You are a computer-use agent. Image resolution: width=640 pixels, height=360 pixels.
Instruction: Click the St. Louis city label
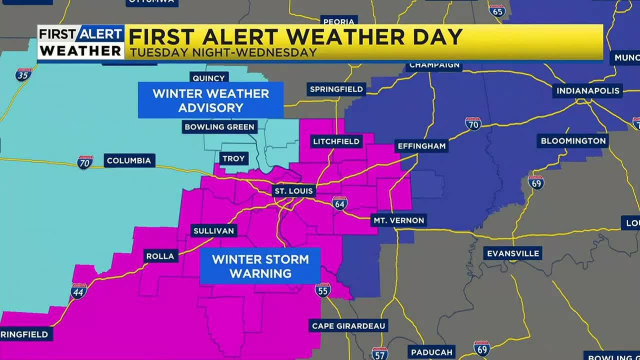point(293,190)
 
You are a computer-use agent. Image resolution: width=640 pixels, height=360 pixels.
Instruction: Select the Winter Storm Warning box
point(260,266)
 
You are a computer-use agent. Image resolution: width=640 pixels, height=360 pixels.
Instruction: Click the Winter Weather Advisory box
point(210,100)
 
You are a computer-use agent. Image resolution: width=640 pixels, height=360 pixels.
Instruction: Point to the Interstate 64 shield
point(339,203)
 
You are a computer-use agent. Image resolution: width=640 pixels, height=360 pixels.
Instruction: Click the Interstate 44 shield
point(78,291)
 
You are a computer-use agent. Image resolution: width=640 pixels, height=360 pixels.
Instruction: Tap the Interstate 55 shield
point(322,289)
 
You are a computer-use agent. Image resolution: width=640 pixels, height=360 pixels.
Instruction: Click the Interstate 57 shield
point(379,353)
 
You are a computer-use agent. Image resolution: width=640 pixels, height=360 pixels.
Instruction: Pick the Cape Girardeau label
point(348,326)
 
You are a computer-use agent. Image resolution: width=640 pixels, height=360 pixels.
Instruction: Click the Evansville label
point(513,253)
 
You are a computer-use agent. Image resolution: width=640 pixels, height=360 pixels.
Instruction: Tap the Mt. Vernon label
point(398,220)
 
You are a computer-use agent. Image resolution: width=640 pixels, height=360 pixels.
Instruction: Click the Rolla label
point(160,256)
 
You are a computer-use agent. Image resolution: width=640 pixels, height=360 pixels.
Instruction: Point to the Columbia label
point(129,160)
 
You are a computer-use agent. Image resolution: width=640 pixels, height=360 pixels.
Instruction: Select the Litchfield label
point(336,141)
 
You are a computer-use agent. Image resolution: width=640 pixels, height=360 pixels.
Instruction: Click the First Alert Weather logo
point(81,42)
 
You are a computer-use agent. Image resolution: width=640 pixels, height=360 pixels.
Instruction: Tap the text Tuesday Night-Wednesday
point(222,52)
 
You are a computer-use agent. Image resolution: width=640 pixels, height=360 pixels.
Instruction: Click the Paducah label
point(431,352)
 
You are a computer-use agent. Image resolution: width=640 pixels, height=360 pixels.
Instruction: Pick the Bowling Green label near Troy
point(219,127)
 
